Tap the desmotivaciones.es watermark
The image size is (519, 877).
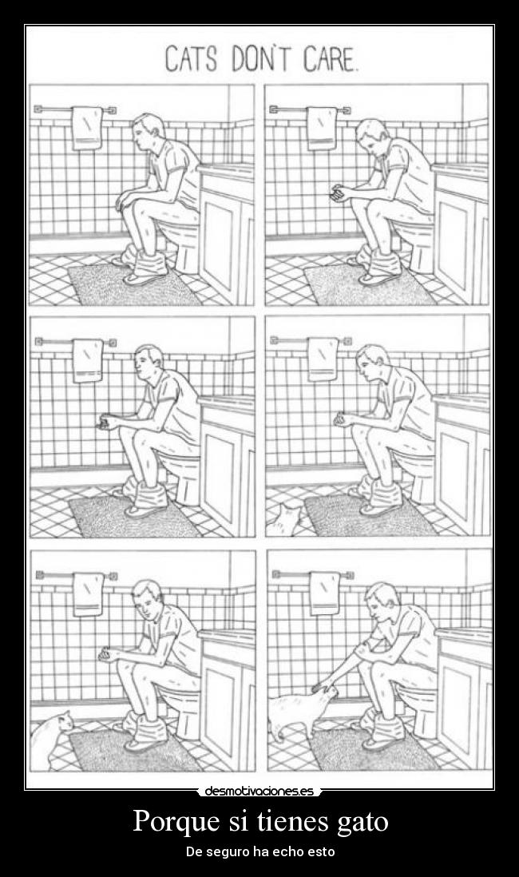[x=259, y=791]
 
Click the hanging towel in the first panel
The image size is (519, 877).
[x=87, y=128]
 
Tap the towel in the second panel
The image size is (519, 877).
[x=322, y=128]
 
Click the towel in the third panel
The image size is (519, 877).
[x=89, y=361]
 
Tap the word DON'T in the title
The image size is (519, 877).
[x=260, y=59]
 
